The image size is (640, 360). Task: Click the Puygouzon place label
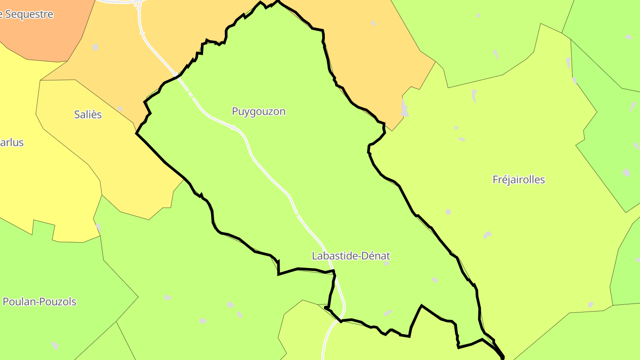click(259, 112)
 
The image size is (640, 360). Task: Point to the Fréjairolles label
click(519, 180)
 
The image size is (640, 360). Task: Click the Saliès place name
click(88, 115)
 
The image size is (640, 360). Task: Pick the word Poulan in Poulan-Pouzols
click(19, 302)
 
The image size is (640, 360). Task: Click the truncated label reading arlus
click(12, 143)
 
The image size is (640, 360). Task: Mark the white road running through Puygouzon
click(249, 147)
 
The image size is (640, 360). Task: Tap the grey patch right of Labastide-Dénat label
click(386, 264)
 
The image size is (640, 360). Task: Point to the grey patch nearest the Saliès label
click(120, 109)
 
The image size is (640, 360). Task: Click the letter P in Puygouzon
click(235, 112)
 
